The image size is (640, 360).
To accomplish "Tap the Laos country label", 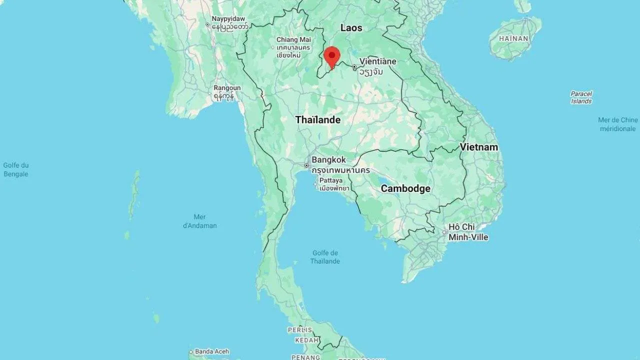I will [351, 28].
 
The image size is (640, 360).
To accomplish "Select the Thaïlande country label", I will [317, 120].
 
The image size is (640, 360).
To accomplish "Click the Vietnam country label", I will [478, 147].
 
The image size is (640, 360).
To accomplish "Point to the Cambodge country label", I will [405, 188].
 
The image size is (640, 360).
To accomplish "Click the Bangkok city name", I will [328, 160].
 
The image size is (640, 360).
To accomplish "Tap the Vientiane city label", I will [377, 61].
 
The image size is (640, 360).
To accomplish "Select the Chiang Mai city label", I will [293, 40].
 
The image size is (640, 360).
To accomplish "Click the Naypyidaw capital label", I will [228, 19].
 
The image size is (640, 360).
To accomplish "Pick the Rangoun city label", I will [227, 88].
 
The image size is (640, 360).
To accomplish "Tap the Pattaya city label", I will [331, 180].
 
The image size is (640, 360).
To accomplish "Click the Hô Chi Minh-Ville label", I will [468, 232].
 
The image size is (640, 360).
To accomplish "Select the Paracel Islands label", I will [581, 97].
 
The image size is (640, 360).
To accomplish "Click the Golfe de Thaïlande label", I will [324, 257].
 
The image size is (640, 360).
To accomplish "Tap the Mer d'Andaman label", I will [199, 221].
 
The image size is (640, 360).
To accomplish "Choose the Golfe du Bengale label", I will [15, 169].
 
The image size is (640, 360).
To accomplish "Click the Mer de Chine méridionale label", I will [618, 124].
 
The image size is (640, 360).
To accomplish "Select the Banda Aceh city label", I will [211, 351].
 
